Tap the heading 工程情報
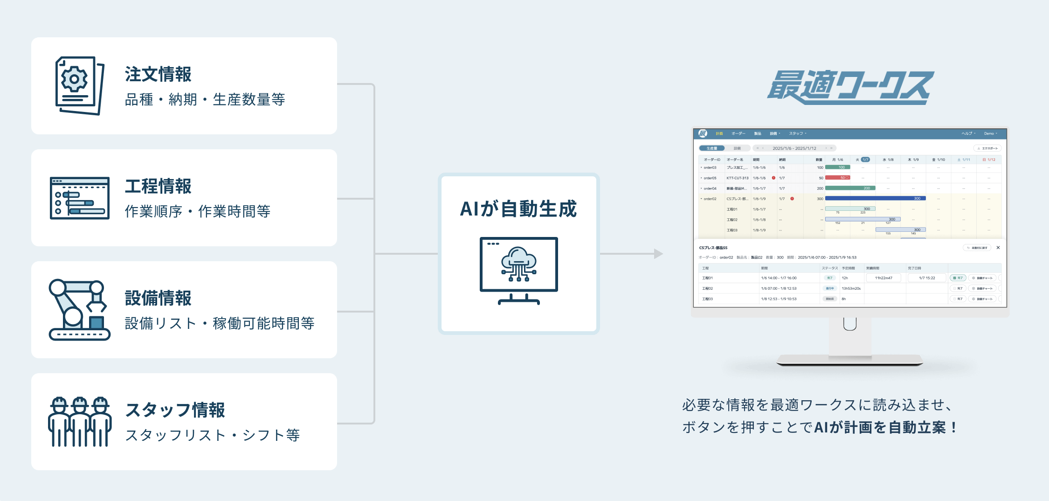(158, 186)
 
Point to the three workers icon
(80, 422)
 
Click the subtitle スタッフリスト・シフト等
(213, 435)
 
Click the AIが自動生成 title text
(518, 209)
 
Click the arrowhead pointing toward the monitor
(658, 254)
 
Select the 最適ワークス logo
(850, 87)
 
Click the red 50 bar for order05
(837, 178)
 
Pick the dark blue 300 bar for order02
(875, 198)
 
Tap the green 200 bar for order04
(850, 188)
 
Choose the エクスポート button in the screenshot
(987, 148)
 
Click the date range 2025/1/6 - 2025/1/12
(794, 148)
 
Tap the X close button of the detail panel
(998, 248)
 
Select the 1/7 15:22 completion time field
(927, 278)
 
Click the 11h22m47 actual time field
(883, 278)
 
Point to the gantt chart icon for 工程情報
(80, 198)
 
